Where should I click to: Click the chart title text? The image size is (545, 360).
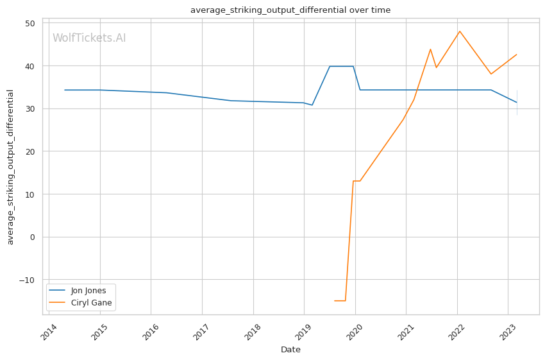point(290,10)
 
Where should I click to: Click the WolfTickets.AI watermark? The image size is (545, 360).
point(89,39)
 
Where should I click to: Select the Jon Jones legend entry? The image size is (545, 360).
point(88,291)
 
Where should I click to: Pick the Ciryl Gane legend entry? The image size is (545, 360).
point(91,303)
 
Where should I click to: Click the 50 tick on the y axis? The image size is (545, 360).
point(30,23)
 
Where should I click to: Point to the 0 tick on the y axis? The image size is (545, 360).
point(32,237)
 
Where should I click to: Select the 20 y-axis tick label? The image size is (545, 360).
point(30,151)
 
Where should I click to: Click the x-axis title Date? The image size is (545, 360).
point(290,350)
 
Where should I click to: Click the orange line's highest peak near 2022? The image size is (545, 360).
point(460,31)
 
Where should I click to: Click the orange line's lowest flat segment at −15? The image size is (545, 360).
point(340,300)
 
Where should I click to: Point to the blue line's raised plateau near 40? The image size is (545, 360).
point(341,66)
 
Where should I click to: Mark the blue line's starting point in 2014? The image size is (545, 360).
point(65,90)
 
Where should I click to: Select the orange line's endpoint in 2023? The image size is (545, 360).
point(517,55)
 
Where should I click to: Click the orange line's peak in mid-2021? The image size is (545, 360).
point(430,49)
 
